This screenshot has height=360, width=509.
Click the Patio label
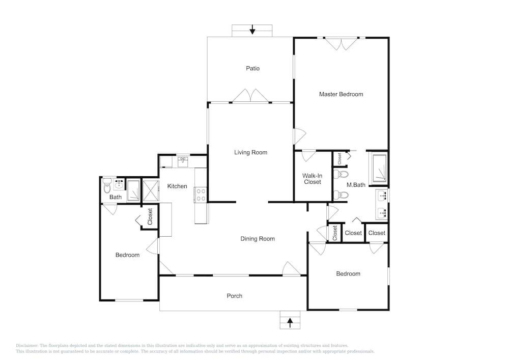[x=252, y=69]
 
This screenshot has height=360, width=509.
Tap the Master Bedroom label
[x=341, y=94]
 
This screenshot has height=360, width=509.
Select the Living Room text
[x=250, y=152]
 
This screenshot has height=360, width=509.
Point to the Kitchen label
[x=177, y=186]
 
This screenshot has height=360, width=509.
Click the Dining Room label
[x=258, y=239]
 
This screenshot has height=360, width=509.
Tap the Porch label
[x=234, y=296]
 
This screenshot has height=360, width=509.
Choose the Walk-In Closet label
[x=313, y=179]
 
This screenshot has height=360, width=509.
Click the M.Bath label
[x=356, y=185]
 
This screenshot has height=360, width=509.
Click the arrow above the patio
[x=252, y=30]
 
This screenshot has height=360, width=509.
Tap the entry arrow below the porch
[x=290, y=322]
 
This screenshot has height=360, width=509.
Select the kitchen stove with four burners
[x=201, y=195]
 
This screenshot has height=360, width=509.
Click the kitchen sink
[x=183, y=161]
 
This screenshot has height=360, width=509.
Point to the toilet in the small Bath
[x=107, y=186]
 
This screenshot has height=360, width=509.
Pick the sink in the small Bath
[x=119, y=184]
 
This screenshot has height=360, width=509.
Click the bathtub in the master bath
[x=380, y=168]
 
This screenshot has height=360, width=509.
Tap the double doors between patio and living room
[x=250, y=96]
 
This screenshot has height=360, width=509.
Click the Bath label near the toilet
[x=115, y=197]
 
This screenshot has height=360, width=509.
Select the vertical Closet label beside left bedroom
[x=150, y=216]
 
